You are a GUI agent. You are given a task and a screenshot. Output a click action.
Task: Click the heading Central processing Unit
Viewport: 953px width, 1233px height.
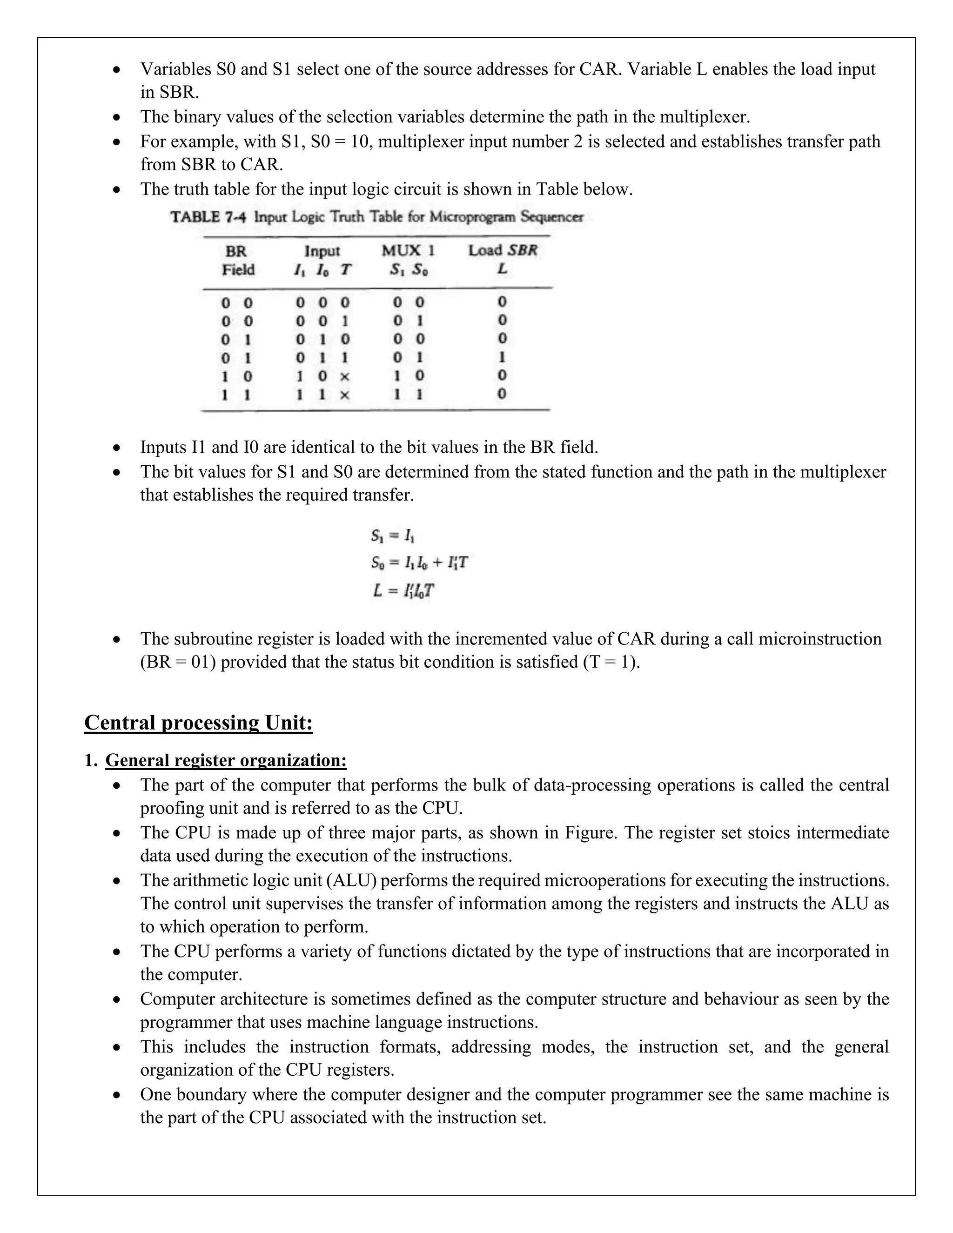coord(198,723)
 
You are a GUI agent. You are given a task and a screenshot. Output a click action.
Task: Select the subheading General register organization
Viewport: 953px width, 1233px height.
coord(226,760)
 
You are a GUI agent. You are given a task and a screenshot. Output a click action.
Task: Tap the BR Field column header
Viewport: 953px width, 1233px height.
coord(238,260)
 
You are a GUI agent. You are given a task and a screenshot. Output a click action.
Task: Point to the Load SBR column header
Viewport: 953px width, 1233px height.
coord(503,251)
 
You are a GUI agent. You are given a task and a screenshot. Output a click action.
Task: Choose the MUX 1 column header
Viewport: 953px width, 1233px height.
coord(408,251)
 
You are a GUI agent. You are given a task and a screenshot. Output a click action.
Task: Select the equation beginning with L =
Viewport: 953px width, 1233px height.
coord(403,590)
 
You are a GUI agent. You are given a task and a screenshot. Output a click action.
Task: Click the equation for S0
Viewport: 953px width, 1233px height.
coord(419,563)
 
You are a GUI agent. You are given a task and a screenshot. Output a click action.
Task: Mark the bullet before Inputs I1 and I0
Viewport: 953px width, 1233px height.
coord(116,448)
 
